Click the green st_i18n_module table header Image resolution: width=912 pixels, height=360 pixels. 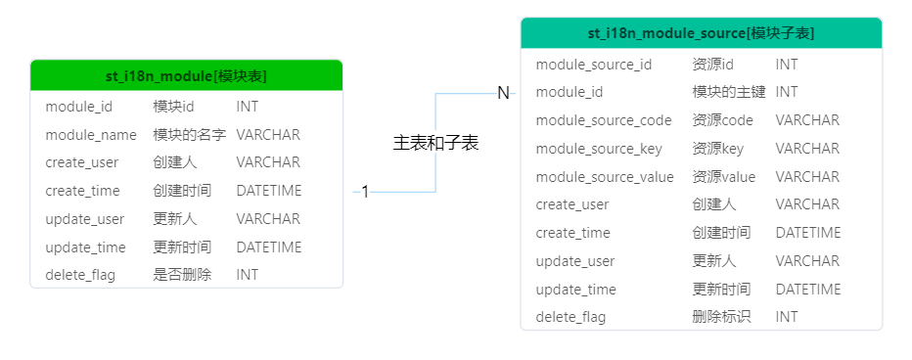pos(186,76)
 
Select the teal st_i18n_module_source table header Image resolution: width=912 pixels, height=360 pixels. pos(701,33)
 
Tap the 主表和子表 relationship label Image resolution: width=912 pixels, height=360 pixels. pos(435,143)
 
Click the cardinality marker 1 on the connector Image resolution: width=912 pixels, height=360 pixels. pos(365,192)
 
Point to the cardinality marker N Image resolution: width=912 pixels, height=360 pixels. pos(503,93)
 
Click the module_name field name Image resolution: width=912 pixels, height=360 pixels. pos(91,135)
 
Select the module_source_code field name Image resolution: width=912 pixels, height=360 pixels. pos(604,120)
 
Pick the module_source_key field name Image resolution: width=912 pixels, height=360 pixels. pos(599,149)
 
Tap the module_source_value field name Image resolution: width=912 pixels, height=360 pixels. pos(605,177)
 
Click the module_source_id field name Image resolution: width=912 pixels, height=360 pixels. pos(594,65)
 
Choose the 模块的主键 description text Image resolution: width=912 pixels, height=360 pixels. pos(729,92)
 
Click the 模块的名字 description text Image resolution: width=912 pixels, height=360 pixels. pos(190,135)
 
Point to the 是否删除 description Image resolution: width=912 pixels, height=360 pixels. pos(182,275)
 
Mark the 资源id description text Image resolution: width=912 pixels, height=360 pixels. pos(713,65)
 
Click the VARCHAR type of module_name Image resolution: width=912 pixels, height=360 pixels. pos(268,135)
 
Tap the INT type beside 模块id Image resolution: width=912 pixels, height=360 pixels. pos(248,106)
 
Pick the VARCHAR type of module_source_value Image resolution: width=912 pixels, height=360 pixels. pos(807,177)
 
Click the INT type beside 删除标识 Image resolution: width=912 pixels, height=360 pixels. pos(787,317)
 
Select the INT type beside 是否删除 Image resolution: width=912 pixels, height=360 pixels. pos(248,275)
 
